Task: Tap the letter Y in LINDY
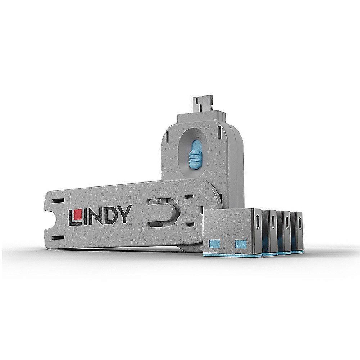(121, 216)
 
